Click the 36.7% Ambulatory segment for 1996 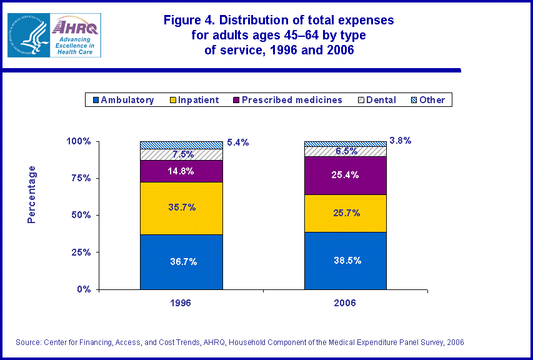181,262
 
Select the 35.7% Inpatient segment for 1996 181,208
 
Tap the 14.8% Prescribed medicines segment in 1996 181,171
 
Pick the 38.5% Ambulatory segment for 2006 345,261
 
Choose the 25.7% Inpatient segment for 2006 345,213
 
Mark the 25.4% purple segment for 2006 345,176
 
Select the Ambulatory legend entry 123,100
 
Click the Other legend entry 427,100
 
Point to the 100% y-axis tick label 79,141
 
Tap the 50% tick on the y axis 82,215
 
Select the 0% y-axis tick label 84,289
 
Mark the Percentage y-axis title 32,194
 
